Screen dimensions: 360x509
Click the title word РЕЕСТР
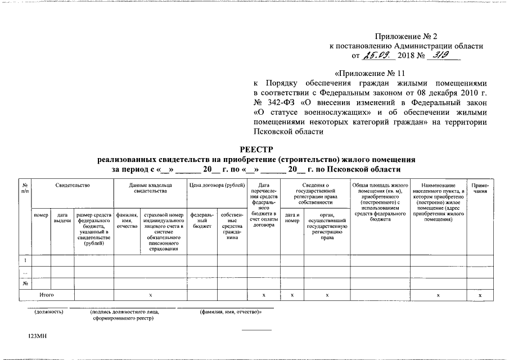click(256, 149)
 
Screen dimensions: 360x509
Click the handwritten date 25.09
click(381, 55)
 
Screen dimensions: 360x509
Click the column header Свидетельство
click(73, 185)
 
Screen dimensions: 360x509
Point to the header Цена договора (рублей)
click(217, 185)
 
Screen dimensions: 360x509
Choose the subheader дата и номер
click(292, 218)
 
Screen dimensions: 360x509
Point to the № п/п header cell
click(25, 188)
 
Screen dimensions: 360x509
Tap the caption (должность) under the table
click(49, 312)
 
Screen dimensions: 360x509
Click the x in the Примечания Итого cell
click(480, 295)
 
